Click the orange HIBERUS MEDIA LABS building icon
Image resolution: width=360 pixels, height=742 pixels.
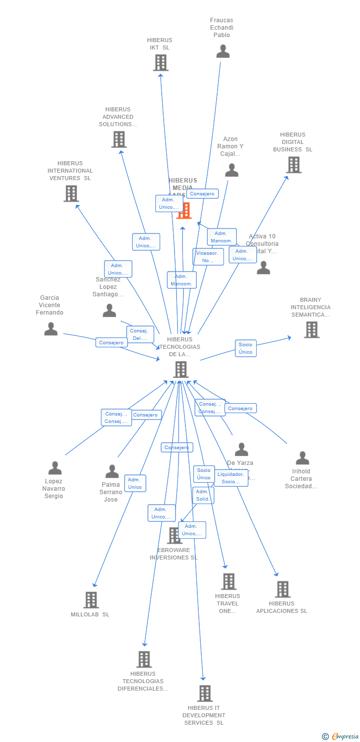click(184, 211)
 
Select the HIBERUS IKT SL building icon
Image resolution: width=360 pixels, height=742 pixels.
click(160, 63)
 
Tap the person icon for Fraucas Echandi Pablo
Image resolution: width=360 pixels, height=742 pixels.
click(223, 51)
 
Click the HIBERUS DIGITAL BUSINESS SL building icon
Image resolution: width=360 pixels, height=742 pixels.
click(294, 165)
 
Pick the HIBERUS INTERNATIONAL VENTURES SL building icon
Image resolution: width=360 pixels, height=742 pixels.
click(71, 193)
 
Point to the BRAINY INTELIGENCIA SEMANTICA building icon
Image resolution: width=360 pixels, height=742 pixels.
click(311, 329)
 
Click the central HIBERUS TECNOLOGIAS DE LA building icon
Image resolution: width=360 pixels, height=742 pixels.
click(180, 369)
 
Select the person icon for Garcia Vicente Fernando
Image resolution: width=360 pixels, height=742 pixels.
click(51, 328)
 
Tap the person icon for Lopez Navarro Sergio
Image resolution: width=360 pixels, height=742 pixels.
click(55, 467)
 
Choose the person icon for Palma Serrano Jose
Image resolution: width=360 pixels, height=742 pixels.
click(112, 471)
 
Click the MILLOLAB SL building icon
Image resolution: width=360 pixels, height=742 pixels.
click(91, 600)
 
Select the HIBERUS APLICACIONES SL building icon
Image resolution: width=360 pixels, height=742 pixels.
click(282, 589)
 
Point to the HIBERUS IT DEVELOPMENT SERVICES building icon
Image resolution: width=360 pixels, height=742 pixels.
click(205, 693)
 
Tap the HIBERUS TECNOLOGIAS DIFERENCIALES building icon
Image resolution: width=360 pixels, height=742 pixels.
click(144, 659)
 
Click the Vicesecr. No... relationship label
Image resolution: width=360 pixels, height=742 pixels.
click(208, 257)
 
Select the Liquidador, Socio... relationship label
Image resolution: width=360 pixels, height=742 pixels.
click(230, 478)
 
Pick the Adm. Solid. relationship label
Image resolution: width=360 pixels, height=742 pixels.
click(203, 495)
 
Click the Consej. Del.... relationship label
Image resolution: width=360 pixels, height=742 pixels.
click(140, 334)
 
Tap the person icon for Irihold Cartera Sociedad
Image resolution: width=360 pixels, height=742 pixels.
click(302, 458)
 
